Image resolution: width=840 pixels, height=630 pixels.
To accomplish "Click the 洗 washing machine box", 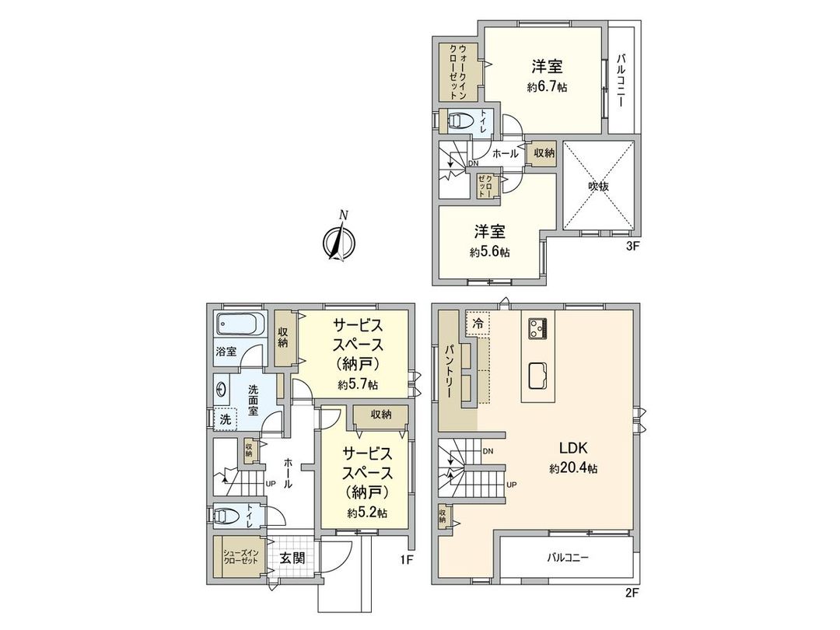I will (x=225, y=418).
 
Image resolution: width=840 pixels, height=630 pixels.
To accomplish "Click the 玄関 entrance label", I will (x=292, y=558).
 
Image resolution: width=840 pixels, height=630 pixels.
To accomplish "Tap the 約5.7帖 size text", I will (x=358, y=384).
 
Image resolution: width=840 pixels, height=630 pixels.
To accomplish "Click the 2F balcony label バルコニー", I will (x=567, y=558).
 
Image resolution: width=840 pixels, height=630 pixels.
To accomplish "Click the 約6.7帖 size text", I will (x=547, y=88).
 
